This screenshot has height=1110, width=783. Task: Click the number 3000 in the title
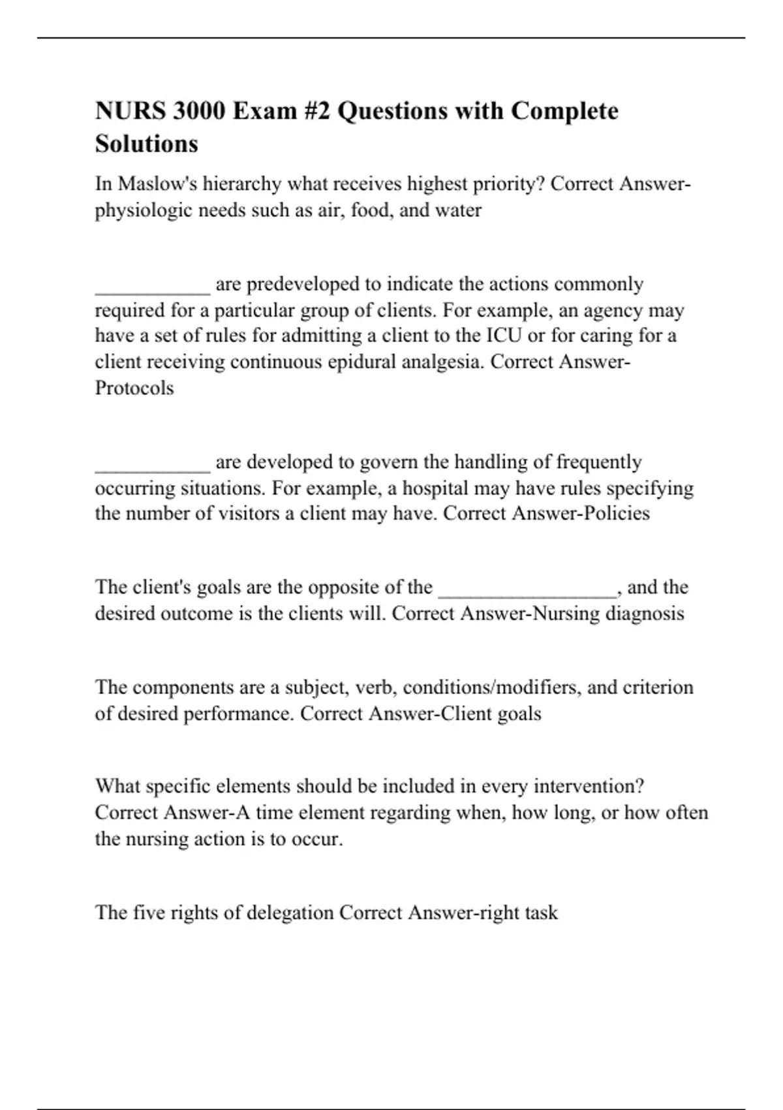198,111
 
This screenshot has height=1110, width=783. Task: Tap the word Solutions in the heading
146,144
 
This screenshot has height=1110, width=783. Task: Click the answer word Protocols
134,388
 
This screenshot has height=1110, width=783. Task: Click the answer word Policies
617,513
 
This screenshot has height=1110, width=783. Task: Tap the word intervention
588,786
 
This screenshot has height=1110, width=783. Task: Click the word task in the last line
542,912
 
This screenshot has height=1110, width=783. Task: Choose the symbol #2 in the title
318,111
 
